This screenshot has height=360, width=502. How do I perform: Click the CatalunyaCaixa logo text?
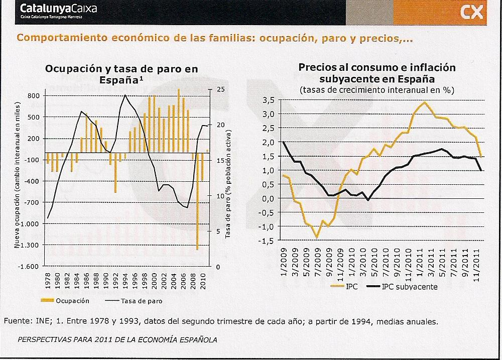[x=58, y=9]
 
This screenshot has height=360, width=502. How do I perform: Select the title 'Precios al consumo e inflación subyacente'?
[x=370, y=73]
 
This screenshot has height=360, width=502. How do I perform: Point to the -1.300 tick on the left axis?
[x=29, y=246]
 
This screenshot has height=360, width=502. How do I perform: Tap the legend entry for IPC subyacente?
[x=409, y=287]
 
